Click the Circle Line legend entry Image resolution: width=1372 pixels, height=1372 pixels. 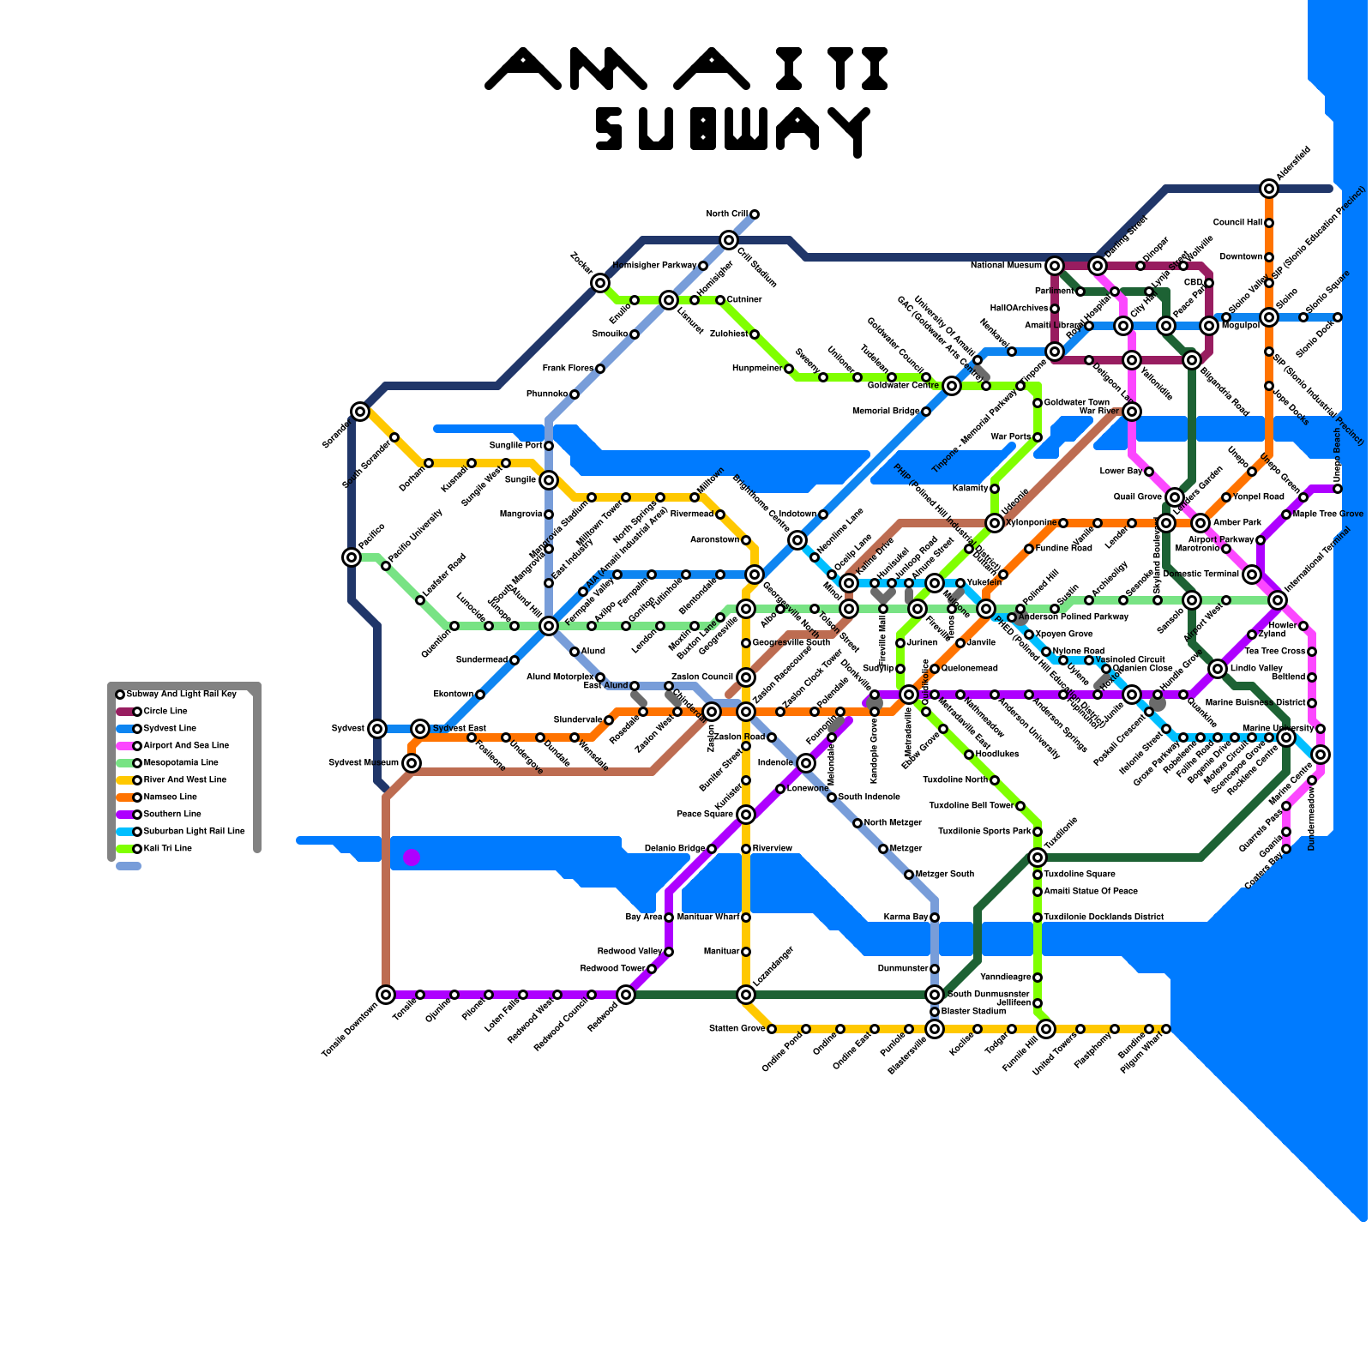[x=165, y=712]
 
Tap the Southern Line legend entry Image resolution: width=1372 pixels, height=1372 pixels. [x=171, y=815]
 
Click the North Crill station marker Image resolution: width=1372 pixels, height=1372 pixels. [x=755, y=214]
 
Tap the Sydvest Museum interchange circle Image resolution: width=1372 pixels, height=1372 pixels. [x=412, y=763]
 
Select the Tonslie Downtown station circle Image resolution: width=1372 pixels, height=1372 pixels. [x=386, y=995]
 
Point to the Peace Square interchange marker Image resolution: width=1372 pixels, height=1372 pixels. [x=746, y=815]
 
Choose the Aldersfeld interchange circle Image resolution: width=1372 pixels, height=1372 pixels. [x=1269, y=189]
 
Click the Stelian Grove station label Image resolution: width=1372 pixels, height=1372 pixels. [x=737, y=1028]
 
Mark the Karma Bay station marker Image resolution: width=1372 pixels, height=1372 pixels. [x=935, y=918]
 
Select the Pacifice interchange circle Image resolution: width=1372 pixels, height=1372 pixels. [x=352, y=557]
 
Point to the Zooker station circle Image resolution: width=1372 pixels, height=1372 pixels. [x=600, y=283]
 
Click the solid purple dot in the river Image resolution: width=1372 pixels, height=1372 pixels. [x=412, y=857]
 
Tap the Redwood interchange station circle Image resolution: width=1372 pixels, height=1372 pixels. [x=626, y=995]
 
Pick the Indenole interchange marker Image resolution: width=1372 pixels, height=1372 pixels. [x=805, y=763]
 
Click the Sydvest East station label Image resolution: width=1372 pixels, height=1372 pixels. [x=459, y=729]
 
